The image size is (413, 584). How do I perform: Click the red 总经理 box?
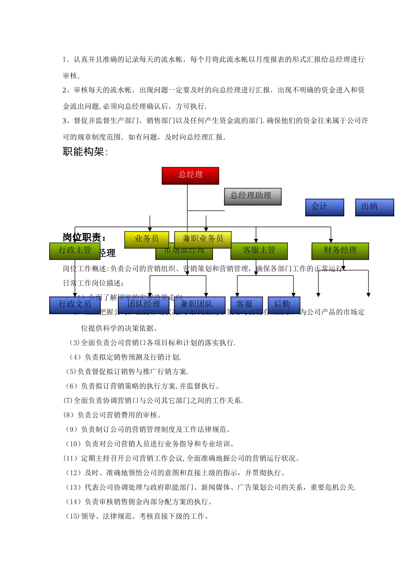click(x=190, y=176)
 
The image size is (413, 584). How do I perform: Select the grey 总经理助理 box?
click(x=253, y=196)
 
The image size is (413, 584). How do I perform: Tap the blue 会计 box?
click(x=324, y=207)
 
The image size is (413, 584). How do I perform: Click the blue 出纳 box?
click(x=374, y=207)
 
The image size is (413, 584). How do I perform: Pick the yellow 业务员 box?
click(x=147, y=239)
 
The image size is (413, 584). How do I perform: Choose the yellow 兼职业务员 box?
click(x=203, y=239)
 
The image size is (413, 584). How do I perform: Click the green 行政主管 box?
click(x=75, y=251)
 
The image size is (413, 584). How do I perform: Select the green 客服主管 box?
click(x=259, y=251)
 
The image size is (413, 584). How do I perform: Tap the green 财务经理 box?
click(x=340, y=251)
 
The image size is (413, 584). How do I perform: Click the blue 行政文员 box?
click(x=75, y=305)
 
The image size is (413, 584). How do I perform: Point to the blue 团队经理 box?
click(x=143, y=305)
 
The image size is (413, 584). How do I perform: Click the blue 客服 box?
click(x=246, y=305)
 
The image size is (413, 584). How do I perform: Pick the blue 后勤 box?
click(x=283, y=305)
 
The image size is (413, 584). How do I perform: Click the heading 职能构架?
click(x=85, y=152)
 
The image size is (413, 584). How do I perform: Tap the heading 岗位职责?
click(x=84, y=237)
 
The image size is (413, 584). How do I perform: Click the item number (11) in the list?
click(x=70, y=458)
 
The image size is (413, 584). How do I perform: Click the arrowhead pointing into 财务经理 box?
click(x=331, y=240)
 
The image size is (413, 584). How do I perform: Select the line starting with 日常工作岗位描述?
click(x=93, y=283)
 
